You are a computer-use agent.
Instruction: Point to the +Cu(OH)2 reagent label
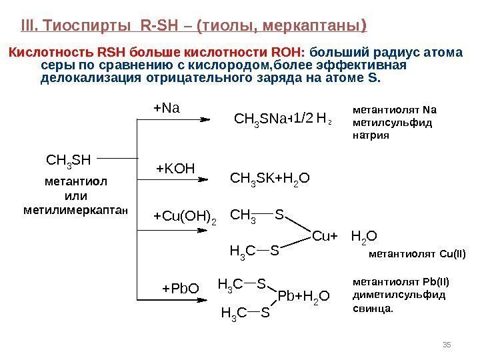tap(185, 216)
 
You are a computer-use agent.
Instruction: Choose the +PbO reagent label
tap(181, 289)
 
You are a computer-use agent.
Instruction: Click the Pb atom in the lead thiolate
tap(285, 295)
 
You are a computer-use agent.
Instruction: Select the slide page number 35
tap(447, 344)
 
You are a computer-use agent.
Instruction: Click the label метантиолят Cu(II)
tap(417, 254)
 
